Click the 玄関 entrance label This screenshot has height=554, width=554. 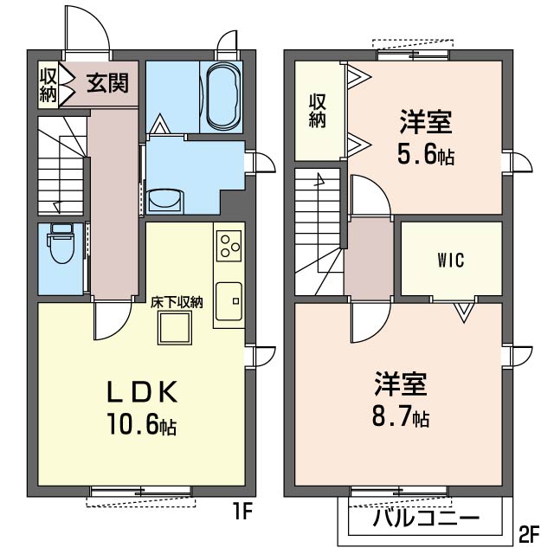107,83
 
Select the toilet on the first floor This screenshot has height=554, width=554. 62,246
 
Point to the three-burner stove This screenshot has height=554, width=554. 229,246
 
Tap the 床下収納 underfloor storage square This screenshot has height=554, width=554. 176,327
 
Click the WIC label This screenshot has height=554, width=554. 451,260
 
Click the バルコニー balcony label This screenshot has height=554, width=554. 426,519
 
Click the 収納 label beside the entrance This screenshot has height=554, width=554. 47,84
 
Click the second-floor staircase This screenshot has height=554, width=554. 319,229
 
